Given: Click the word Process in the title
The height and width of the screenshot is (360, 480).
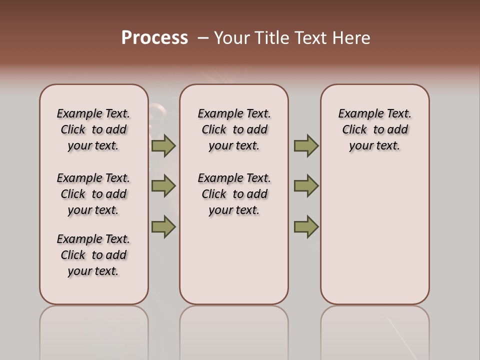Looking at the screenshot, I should tap(154, 37).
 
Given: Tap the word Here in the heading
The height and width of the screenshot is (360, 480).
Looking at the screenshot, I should tap(351, 38).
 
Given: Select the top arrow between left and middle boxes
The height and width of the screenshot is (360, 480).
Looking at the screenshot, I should tap(163, 146).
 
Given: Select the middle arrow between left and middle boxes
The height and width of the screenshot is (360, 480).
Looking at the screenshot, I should tap(163, 186).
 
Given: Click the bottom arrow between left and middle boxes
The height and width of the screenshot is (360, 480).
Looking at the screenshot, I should tap(163, 226).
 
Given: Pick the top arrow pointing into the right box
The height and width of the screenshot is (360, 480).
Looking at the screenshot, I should tap(306, 146).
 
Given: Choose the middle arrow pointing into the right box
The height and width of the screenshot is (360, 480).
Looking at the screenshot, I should tap(306, 186).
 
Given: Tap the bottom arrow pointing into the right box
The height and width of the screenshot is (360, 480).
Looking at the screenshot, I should tap(306, 226).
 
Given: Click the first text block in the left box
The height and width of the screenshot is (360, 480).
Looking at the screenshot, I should tap(93, 129).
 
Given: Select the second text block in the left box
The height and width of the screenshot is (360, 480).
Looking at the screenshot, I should tap(93, 194).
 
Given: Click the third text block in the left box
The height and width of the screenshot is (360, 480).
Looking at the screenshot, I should tap(93, 255).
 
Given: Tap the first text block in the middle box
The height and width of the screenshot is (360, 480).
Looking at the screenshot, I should tap(234, 129).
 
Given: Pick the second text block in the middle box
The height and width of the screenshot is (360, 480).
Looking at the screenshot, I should tap(234, 194).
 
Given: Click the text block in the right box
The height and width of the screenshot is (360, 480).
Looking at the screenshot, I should tap(374, 129).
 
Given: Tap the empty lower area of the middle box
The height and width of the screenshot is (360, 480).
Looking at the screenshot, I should tap(234, 265).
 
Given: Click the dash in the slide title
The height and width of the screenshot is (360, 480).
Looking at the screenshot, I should tap(203, 38).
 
